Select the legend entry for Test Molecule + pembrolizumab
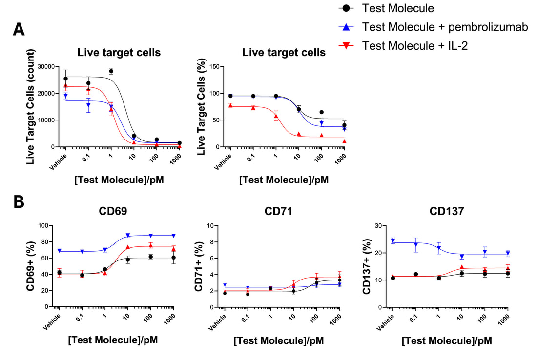(444, 27)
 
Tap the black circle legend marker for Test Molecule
(346, 8)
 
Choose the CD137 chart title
(447, 212)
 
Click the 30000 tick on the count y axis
(47, 67)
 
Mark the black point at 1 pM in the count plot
(111, 71)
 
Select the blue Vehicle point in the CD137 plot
(393, 240)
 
